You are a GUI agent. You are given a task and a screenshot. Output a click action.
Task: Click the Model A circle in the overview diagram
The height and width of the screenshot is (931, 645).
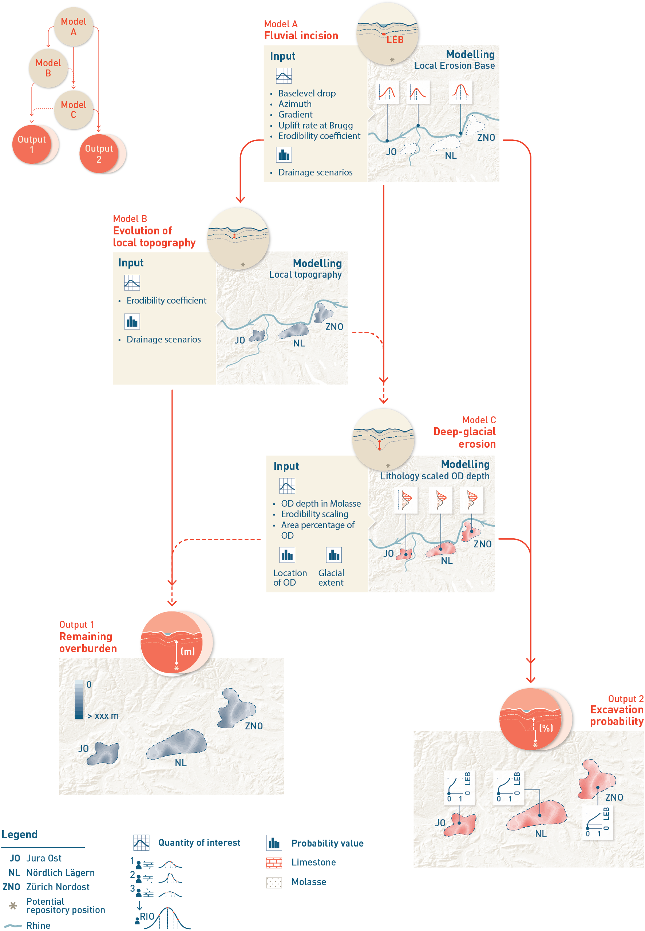point(74,27)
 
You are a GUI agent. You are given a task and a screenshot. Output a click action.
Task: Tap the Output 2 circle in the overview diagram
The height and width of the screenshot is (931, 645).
point(99,154)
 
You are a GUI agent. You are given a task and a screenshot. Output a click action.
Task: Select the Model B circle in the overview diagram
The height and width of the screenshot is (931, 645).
point(48,68)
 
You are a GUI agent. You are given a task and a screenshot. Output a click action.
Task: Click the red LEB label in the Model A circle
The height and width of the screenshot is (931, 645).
point(395,40)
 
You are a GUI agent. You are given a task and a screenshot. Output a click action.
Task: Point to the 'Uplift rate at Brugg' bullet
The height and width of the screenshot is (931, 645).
point(315,125)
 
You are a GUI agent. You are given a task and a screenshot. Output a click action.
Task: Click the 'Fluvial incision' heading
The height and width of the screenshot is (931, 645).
point(301,36)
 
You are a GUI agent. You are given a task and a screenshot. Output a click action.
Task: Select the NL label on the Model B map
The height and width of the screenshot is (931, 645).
point(298,343)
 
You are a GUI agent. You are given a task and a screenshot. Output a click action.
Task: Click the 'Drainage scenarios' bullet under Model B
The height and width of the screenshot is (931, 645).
point(163,340)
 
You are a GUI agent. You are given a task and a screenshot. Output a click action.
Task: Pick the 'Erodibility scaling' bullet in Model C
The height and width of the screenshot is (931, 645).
point(314,514)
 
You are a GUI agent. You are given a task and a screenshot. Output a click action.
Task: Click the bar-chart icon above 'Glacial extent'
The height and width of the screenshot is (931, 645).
point(334,555)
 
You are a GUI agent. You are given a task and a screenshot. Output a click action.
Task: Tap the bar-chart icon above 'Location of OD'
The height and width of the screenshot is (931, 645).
point(287,555)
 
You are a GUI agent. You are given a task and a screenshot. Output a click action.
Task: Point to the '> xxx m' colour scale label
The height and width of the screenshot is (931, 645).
point(103,716)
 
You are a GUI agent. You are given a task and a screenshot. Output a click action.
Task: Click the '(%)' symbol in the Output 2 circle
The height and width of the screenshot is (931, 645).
point(546,728)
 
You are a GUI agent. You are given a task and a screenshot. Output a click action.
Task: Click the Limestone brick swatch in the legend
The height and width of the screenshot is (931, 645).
point(274,862)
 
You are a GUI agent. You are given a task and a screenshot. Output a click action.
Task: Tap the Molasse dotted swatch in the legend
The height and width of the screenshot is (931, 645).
point(274,882)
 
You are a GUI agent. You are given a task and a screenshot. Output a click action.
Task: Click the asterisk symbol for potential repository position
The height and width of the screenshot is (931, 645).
point(13,905)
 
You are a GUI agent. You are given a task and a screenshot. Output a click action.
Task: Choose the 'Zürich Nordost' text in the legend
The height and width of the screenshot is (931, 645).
point(58,887)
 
